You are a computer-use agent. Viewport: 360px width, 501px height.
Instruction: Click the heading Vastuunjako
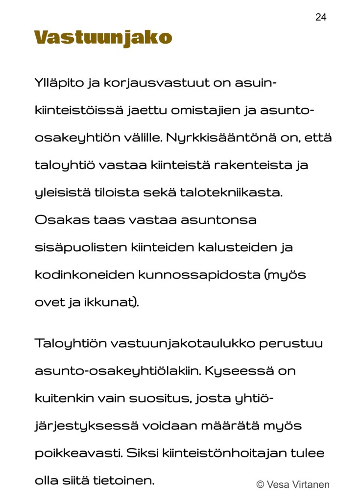pos(103,38)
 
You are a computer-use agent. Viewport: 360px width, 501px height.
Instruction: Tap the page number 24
pos(321,18)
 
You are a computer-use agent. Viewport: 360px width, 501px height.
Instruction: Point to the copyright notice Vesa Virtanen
pos(293,485)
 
